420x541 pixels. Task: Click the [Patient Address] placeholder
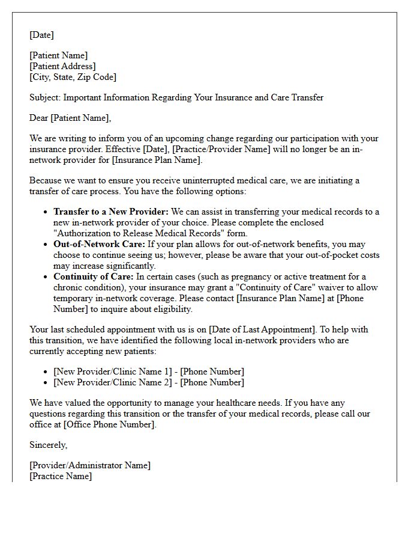pyautogui.click(x=62, y=66)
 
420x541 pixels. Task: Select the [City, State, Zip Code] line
pyautogui.click(x=73, y=77)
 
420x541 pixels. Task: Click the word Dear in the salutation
pyautogui.click(x=39, y=118)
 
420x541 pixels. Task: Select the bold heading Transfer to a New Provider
pyautogui.click(x=111, y=212)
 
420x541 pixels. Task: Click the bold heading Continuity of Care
pyautogui.click(x=93, y=277)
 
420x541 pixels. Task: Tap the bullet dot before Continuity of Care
pyautogui.click(x=46, y=277)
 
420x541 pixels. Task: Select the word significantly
pyautogui.click(x=128, y=266)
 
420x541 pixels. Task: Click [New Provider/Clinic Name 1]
pyautogui.click(x=113, y=371)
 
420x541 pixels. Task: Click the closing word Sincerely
pyautogui.click(x=48, y=445)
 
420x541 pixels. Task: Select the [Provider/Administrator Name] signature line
pyautogui.click(x=90, y=465)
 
